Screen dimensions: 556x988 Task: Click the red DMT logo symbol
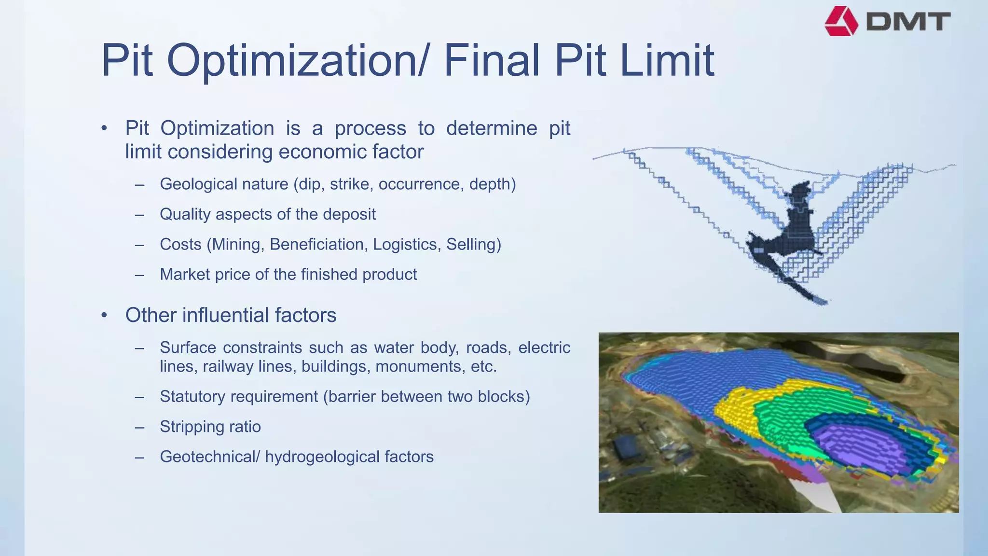(841, 21)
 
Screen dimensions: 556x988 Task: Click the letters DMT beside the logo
(908, 22)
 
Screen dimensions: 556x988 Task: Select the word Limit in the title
(667, 60)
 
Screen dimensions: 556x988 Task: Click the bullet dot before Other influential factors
(104, 316)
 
